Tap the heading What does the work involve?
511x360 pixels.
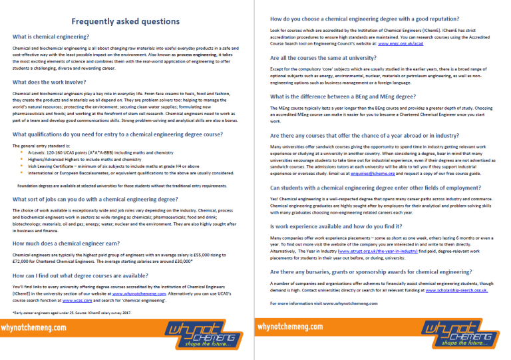click(x=51, y=82)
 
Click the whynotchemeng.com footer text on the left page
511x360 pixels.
click(x=34, y=328)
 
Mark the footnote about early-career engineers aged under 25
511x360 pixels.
click(x=73, y=312)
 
